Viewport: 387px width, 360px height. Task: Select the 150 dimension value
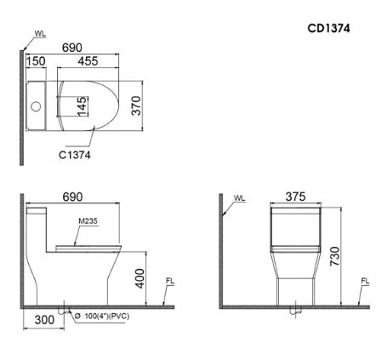click(37, 62)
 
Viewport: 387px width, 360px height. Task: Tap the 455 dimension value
click(86, 62)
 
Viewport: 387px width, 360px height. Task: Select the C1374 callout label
click(75, 155)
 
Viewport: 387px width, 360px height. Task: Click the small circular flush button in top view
click(37, 107)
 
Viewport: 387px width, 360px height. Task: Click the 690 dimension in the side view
click(72, 197)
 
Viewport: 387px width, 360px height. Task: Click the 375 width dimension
click(294, 197)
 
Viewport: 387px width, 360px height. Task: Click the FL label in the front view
click(365, 281)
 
